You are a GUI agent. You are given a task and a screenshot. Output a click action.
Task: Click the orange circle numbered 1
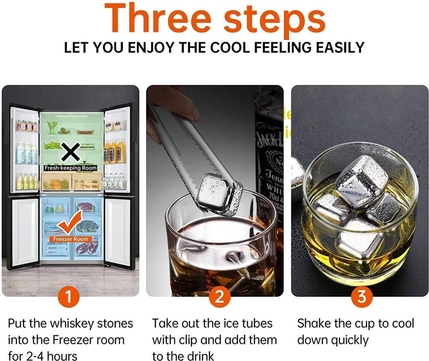(x=68, y=296)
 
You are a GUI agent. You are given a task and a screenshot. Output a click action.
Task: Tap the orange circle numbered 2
(x=219, y=296)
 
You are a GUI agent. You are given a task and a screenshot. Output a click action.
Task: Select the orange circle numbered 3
(x=362, y=296)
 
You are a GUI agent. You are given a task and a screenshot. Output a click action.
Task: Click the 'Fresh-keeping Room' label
(x=70, y=168)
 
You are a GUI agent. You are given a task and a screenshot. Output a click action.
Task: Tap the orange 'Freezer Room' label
(x=70, y=239)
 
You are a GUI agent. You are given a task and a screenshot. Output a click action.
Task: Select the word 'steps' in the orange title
(x=275, y=19)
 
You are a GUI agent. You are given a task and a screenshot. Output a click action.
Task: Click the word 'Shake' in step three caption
(x=314, y=324)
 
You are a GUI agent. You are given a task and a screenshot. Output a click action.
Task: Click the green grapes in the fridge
(x=52, y=145)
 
